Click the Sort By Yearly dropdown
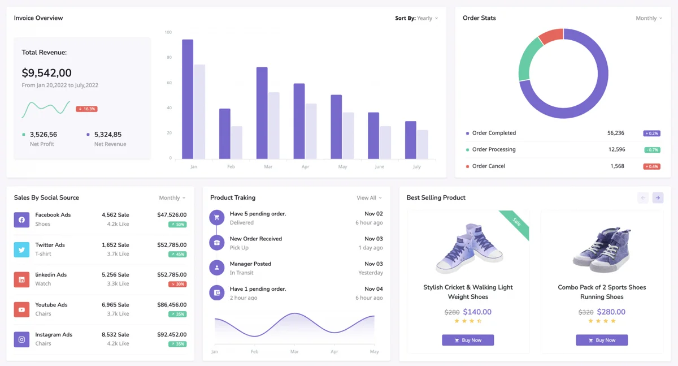pyautogui.click(x=416, y=18)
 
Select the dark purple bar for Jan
pyautogui.click(x=188, y=99)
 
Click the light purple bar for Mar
pyautogui.click(x=273, y=126)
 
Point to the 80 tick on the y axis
pyautogui.click(x=168, y=57)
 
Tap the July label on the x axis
pyautogui.click(x=416, y=167)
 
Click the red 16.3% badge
pyautogui.click(x=86, y=109)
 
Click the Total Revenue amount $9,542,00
pyautogui.click(x=46, y=73)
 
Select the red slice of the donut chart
pyautogui.click(x=549, y=37)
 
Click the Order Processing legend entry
pyautogui.click(x=493, y=149)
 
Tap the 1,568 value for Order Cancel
pyautogui.click(x=617, y=166)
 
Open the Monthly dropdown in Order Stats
pyautogui.click(x=649, y=18)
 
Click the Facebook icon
pyautogui.click(x=21, y=219)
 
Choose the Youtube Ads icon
pyautogui.click(x=21, y=309)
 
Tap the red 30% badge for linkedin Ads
pyautogui.click(x=177, y=284)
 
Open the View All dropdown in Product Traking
pyautogui.click(x=369, y=198)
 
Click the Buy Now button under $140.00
pyautogui.click(x=468, y=340)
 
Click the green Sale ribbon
pyautogui.click(x=515, y=223)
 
